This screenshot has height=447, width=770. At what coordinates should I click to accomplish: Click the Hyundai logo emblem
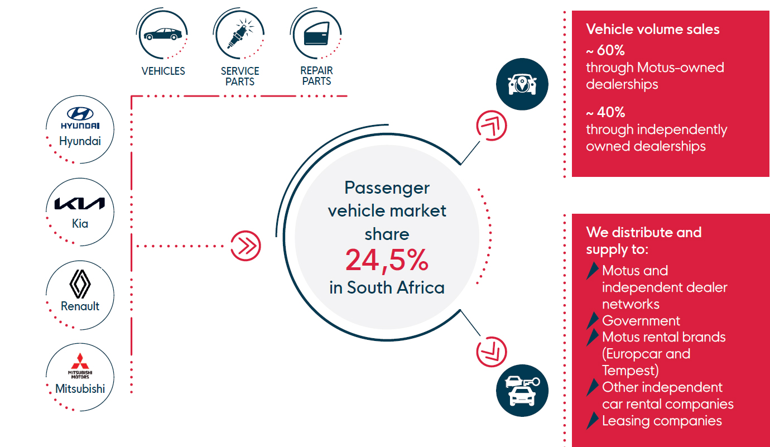80,113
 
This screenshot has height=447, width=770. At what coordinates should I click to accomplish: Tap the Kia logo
80,204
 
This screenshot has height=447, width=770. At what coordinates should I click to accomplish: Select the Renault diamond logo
80,283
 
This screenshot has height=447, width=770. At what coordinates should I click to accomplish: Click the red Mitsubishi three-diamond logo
80,361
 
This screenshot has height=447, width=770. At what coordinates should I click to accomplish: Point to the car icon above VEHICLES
162,34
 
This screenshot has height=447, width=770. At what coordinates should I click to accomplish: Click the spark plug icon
239,34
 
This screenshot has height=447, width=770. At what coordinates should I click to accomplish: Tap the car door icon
316,33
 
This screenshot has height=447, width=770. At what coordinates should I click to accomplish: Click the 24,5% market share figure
387,260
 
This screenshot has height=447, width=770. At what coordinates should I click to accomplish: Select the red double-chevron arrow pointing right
246,246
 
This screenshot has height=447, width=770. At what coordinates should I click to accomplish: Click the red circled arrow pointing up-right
492,126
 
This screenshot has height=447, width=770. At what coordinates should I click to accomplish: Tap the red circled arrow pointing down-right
492,352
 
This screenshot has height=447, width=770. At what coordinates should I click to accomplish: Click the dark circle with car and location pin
522,84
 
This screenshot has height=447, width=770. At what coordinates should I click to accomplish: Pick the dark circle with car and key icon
522,391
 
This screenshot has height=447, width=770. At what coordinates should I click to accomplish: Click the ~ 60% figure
605,50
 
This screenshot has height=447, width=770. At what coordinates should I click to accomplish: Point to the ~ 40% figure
606,112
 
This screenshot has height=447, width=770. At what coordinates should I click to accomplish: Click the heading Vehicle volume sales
653,29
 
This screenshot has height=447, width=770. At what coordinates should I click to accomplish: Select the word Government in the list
641,321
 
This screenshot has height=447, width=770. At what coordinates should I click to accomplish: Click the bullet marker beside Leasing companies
592,420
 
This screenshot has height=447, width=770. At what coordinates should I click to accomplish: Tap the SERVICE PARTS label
240,76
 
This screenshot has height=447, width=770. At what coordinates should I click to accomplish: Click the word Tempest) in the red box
631,371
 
